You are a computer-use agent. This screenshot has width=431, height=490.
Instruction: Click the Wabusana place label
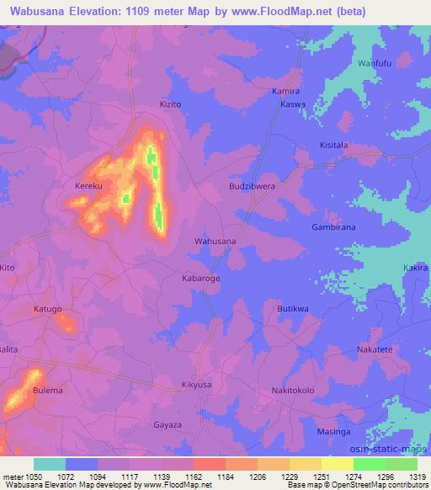click(215, 241)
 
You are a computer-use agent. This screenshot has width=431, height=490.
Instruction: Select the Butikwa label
click(293, 309)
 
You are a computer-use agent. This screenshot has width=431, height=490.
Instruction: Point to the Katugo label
click(48, 309)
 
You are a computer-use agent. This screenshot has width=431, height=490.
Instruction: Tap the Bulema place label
click(48, 391)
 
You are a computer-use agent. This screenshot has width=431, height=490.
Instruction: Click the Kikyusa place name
click(196, 385)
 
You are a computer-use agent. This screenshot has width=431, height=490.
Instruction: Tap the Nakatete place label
click(375, 349)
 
